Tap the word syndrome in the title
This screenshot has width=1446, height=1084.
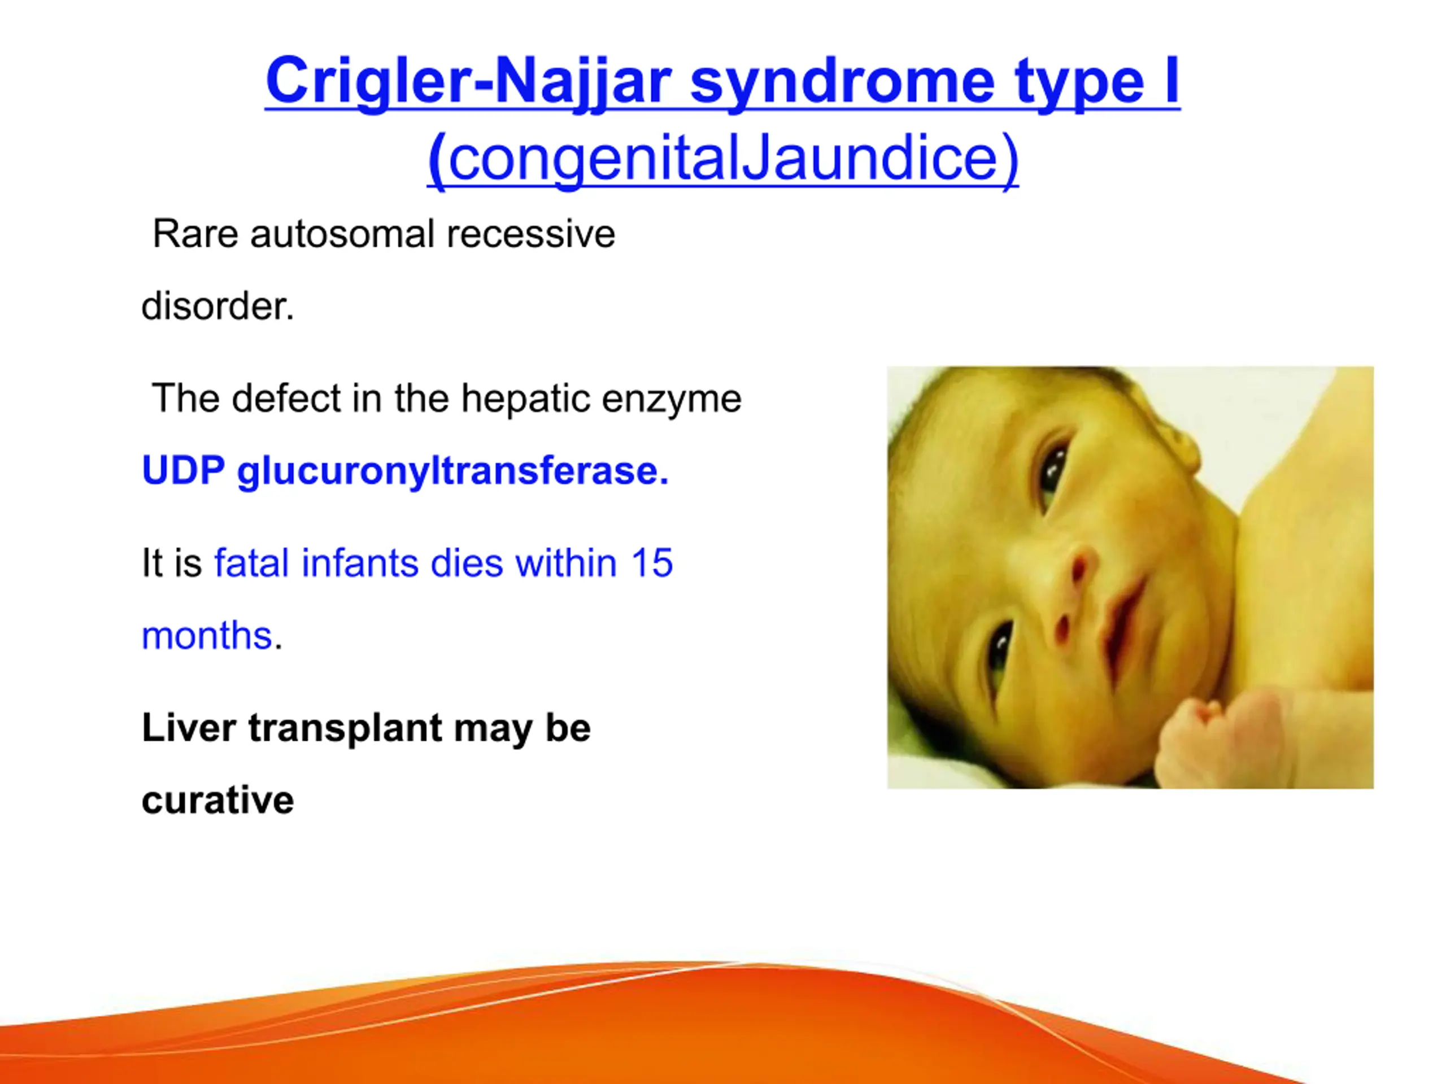(x=843, y=82)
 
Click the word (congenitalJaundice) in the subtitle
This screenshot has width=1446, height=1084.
(x=723, y=158)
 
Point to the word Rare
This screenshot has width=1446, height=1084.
(x=195, y=234)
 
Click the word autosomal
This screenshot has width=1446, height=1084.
(x=341, y=234)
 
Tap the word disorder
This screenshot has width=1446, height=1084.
(x=217, y=306)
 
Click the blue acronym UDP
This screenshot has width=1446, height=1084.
(x=184, y=470)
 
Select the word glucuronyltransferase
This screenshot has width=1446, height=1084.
(x=453, y=471)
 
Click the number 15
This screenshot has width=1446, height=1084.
(x=651, y=563)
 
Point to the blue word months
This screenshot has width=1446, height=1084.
(x=207, y=635)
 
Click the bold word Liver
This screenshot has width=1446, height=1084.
(x=189, y=727)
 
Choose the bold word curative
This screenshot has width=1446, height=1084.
(x=217, y=801)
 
